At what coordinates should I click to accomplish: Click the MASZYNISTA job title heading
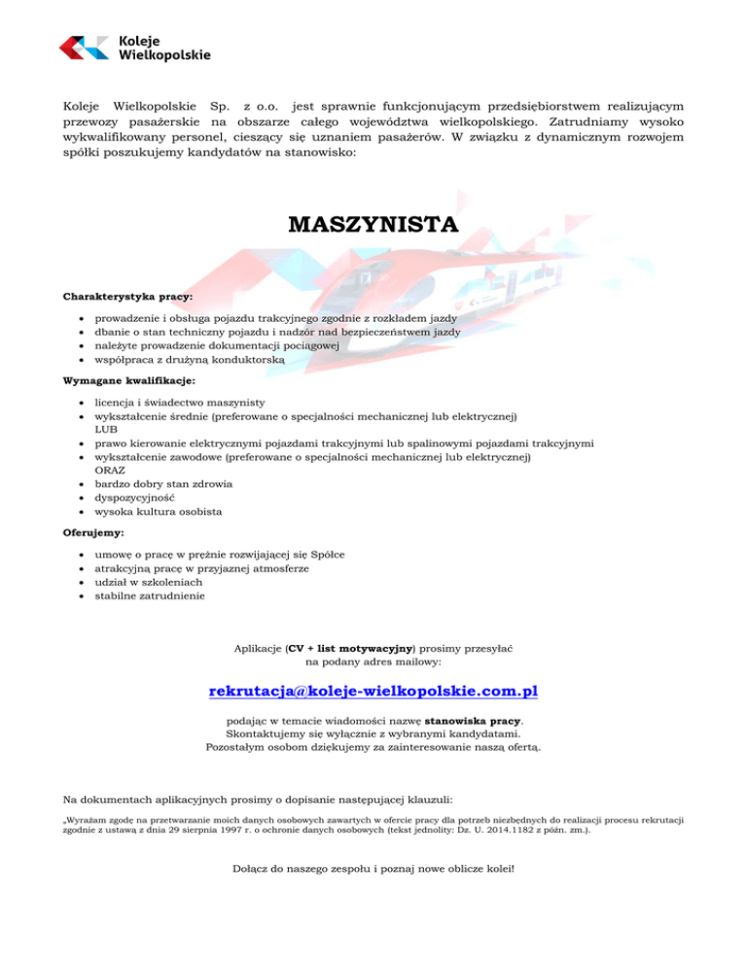pyautogui.click(x=373, y=227)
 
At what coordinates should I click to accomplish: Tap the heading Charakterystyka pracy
pyautogui.click(x=127, y=294)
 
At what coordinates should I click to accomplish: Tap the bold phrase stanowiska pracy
pyautogui.click(x=479, y=721)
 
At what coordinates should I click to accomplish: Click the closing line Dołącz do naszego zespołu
pyautogui.click(x=373, y=868)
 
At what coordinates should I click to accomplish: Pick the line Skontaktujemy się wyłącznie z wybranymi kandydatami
pyautogui.click(x=373, y=734)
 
